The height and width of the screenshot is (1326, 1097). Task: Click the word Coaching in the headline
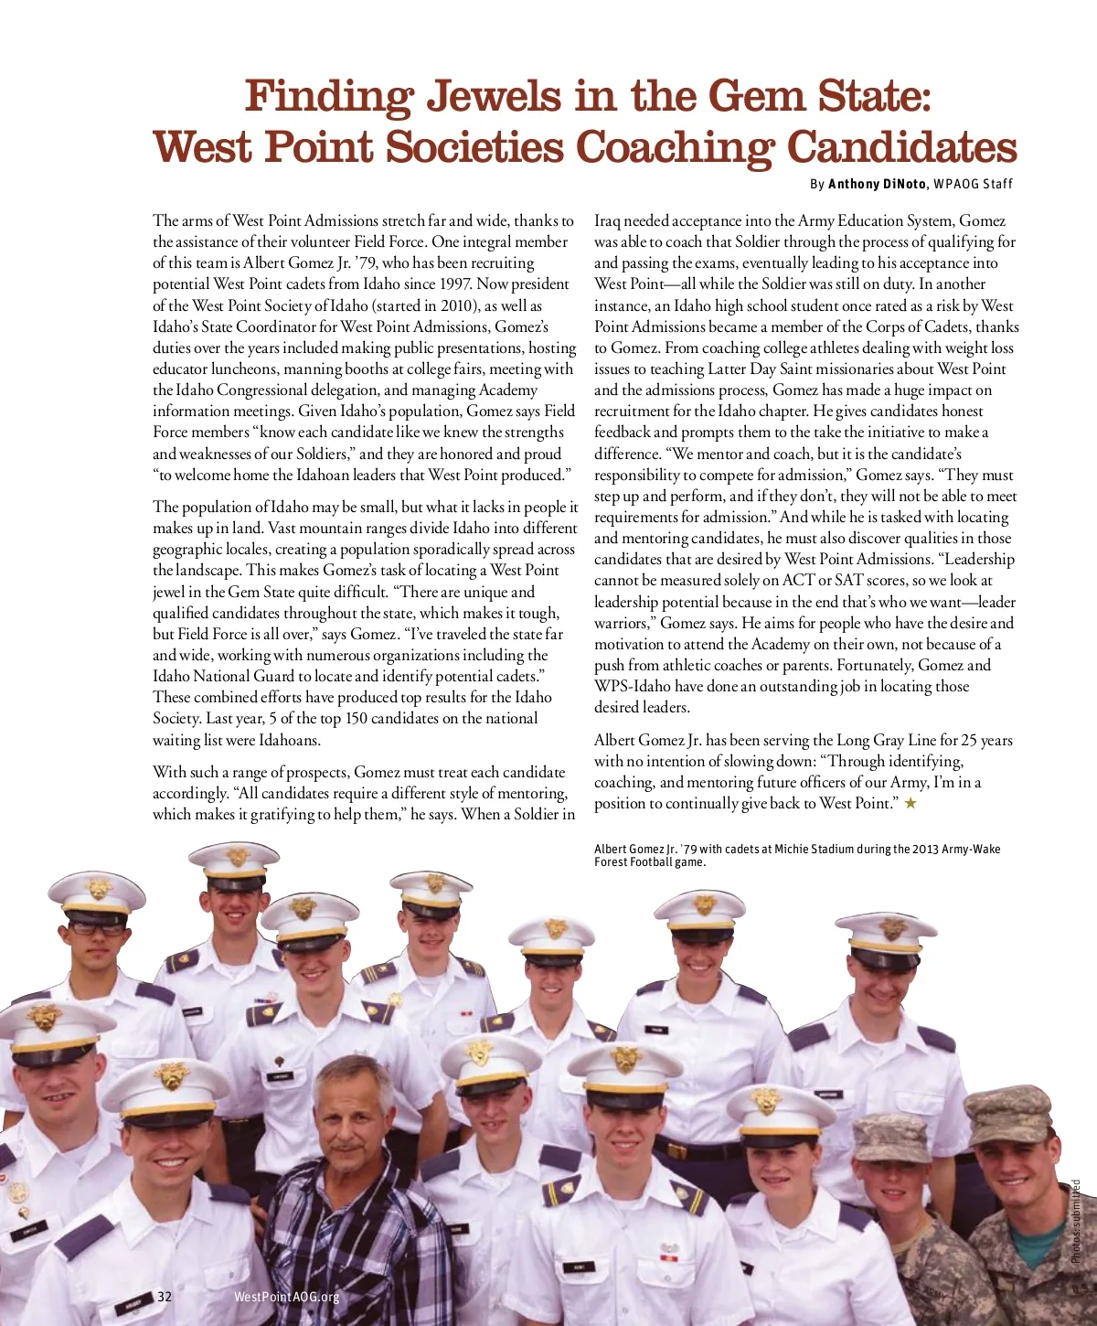pyautogui.click(x=675, y=147)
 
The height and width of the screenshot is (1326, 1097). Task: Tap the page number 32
pyautogui.click(x=165, y=1297)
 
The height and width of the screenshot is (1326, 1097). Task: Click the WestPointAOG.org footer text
pyautogui.click(x=286, y=1297)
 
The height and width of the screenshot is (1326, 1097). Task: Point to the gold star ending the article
pyautogui.click(x=911, y=803)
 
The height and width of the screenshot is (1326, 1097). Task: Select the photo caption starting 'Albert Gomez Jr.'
pyautogui.click(x=796, y=855)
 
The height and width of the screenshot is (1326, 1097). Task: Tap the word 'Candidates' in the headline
pyautogui.click(x=901, y=147)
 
